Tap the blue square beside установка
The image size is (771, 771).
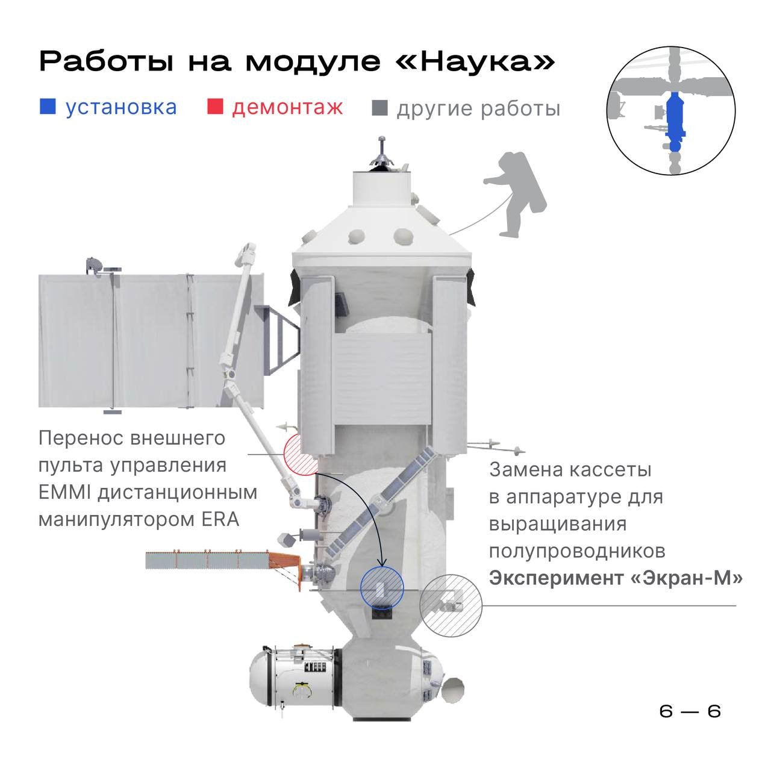click(x=47, y=107)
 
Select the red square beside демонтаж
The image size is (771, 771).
click(x=215, y=107)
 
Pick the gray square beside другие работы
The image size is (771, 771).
click(x=379, y=108)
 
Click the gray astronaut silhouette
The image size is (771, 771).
click(x=514, y=195)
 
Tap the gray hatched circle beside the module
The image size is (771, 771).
click(x=451, y=605)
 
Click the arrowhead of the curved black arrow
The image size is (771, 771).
click(x=382, y=562)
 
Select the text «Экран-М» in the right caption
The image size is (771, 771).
click(x=686, y=578)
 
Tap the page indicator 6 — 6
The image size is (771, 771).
click(x=690, y=711)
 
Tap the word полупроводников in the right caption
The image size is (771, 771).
click(x=577, y=551)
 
